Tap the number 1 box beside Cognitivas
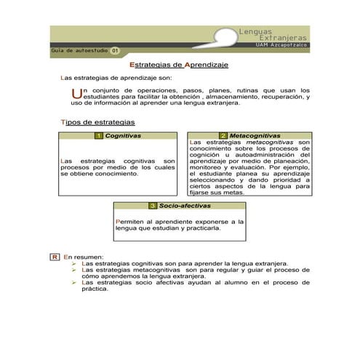point(98,136)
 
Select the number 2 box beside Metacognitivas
point(223,136)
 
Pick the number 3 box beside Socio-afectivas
point(153,206)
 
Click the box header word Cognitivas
point(123,136)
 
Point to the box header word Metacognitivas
point(255,136)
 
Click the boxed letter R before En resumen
point(54,257)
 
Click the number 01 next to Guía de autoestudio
point(115,51)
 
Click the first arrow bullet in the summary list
point(75,263)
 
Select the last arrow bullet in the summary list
point(75,282)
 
